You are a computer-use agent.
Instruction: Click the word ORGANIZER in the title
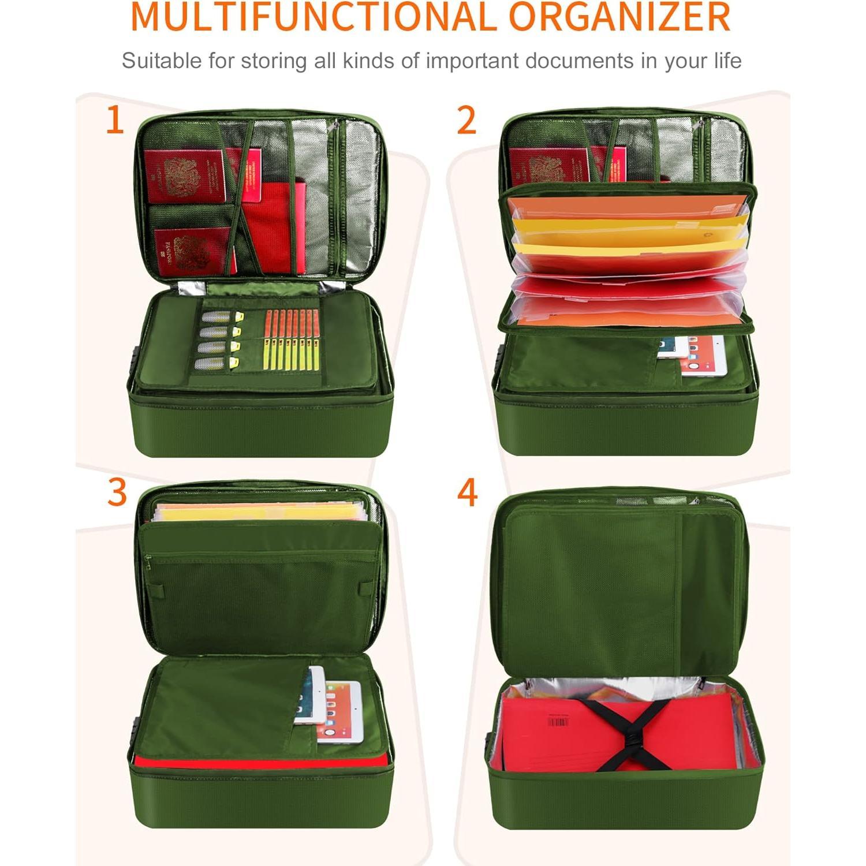[x=620, y=17]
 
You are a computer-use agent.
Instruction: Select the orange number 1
[x=115, y=121]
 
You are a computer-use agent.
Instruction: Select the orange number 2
[x=466, y=121]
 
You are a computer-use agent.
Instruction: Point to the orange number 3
[x=117, y=492]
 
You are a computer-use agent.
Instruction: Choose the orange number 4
[x=467, y=492]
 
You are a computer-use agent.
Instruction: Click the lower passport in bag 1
[x=193, y=251]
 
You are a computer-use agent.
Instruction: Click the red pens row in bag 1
[x=292, y=323]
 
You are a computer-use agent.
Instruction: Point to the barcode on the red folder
[x=557, y=722]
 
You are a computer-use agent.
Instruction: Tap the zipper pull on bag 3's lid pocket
[x=148, y=559]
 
